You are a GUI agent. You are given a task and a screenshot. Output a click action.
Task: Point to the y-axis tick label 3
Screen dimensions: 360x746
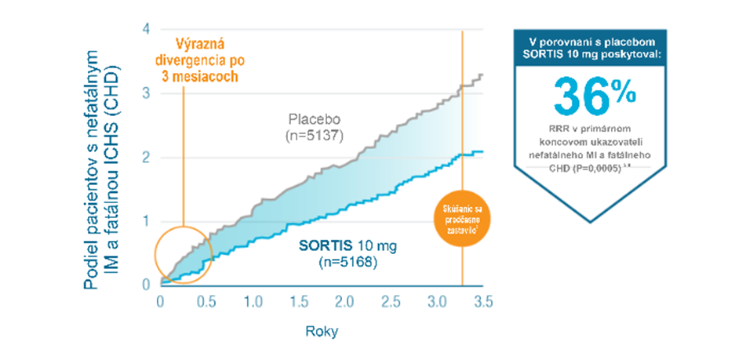click(146, 93)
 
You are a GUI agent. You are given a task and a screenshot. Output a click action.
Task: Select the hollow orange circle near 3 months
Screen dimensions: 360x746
click(182, 253)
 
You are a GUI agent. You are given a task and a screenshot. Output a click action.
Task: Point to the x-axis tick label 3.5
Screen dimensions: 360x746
click(483, 302)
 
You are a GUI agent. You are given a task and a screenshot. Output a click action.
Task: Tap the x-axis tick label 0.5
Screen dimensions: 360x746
click(206, 302)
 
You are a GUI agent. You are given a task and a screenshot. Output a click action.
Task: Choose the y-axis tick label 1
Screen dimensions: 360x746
click(146, 221)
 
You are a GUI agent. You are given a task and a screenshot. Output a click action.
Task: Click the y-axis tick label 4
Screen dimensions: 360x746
click(146, 30)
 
